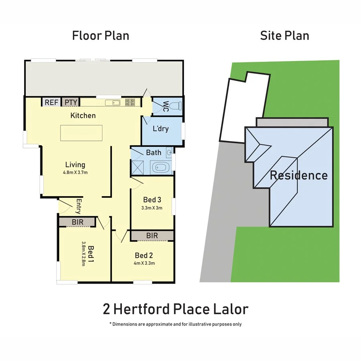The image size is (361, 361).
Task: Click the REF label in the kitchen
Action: click(x=51, y=102)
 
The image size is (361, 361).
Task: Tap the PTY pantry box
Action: click(x=71, y=102)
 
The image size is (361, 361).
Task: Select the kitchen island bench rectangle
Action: click(x=81, y=133)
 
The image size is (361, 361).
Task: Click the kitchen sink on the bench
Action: click(x=113, y=103)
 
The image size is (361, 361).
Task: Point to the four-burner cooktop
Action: click(x=130, y=102)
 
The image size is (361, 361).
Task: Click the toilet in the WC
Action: click(x=175, y=106)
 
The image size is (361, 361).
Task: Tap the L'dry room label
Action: click(x=160, y=129)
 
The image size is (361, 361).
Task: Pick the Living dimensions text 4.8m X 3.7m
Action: click(x=75, y=173)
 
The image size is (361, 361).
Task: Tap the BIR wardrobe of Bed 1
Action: click(x=77, y=221)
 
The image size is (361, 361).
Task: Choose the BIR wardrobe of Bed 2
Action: click(x=152, y=235)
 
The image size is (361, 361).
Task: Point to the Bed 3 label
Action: click(x=152, y=200)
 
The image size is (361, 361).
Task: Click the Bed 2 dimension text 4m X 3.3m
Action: click(x=144, y=263)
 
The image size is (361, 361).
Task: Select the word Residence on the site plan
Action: click(x=298, y=175)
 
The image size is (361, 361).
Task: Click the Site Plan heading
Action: click(x=284, y=35)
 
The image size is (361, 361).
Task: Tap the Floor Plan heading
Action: click(x=101, y=35)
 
